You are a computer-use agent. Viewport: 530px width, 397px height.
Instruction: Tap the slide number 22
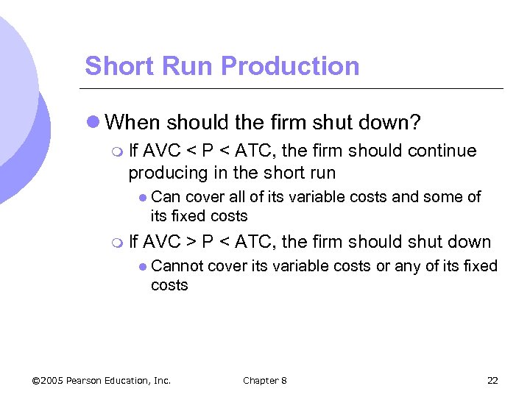(492, 380)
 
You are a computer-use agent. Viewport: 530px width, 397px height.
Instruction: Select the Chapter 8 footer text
(265, 380)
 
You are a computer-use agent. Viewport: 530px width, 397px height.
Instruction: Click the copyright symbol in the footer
(37, 380)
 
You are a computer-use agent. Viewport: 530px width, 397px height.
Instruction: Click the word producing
(164, 174)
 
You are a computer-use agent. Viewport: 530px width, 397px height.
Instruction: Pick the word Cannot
(177, 265)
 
